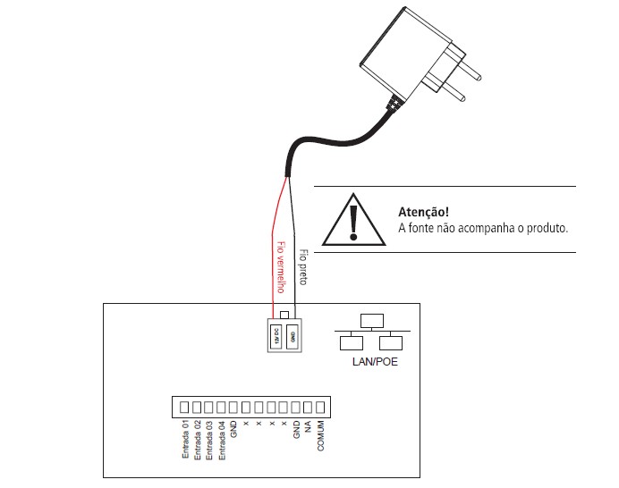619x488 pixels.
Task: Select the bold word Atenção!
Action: tap(422, 213)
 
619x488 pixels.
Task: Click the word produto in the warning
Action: tap(547, 229)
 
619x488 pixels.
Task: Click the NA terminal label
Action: tap(308, 427)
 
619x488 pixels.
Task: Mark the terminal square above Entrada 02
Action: tap(198, 407)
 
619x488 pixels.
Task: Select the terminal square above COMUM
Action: tap(320, 407)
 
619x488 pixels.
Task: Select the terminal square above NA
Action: tap(308, 407)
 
